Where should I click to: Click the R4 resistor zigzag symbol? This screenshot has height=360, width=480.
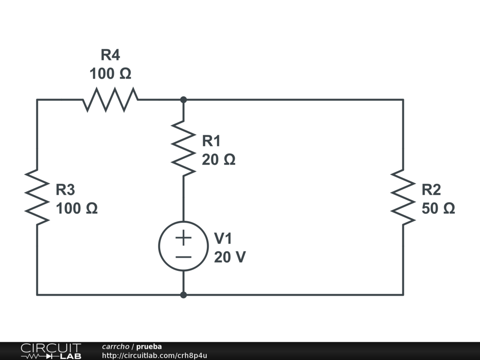[110, 99]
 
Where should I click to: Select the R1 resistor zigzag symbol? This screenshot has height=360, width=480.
[183, 148]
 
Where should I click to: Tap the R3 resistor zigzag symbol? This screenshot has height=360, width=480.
[37, 197]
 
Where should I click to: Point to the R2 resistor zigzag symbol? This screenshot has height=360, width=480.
[403, 197]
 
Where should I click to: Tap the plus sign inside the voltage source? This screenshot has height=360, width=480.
[183, 238]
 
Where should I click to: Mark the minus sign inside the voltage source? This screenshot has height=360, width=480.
[183, 257]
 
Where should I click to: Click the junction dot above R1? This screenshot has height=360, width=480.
[183, 99]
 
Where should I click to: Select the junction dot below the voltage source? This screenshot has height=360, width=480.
[183, 295]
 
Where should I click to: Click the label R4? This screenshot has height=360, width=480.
[110, 55]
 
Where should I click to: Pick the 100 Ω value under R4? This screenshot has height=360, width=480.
[110, 74]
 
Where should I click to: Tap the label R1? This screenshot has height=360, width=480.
[211, 141]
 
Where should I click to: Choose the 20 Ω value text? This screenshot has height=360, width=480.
[218, 160]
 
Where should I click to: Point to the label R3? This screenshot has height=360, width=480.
[65, 190]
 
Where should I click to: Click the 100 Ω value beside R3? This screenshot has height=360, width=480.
[76, 209]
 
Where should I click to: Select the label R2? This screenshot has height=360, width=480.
[431, 190]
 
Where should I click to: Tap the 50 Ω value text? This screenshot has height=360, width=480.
[438, 209]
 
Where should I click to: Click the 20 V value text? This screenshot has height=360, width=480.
[230, 257]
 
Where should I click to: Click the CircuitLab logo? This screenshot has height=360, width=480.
[51, 351]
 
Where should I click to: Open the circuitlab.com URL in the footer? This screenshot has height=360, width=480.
[155, 355]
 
